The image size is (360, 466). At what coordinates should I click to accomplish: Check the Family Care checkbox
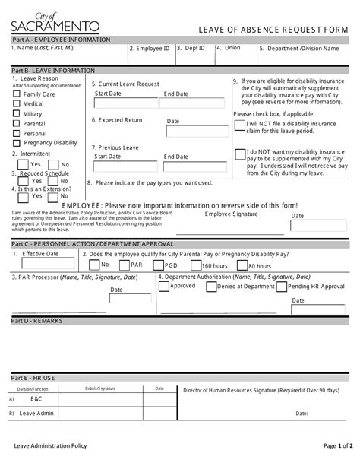tap(17, 94)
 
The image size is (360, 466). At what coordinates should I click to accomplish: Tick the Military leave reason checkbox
tap(17, 113)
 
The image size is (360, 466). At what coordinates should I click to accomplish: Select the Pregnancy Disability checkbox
tap(17, 143)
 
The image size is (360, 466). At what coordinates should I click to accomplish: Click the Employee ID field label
tap(150, 49)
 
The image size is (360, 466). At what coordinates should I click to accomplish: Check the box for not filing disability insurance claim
tap(240, 126)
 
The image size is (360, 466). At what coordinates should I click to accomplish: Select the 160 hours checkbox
tap(195, 265)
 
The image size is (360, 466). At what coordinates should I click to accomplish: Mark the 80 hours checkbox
tap(242, 265)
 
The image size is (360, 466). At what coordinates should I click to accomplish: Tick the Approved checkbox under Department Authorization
tap(164, 287)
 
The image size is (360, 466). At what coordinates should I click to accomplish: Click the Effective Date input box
tap(48, 265)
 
